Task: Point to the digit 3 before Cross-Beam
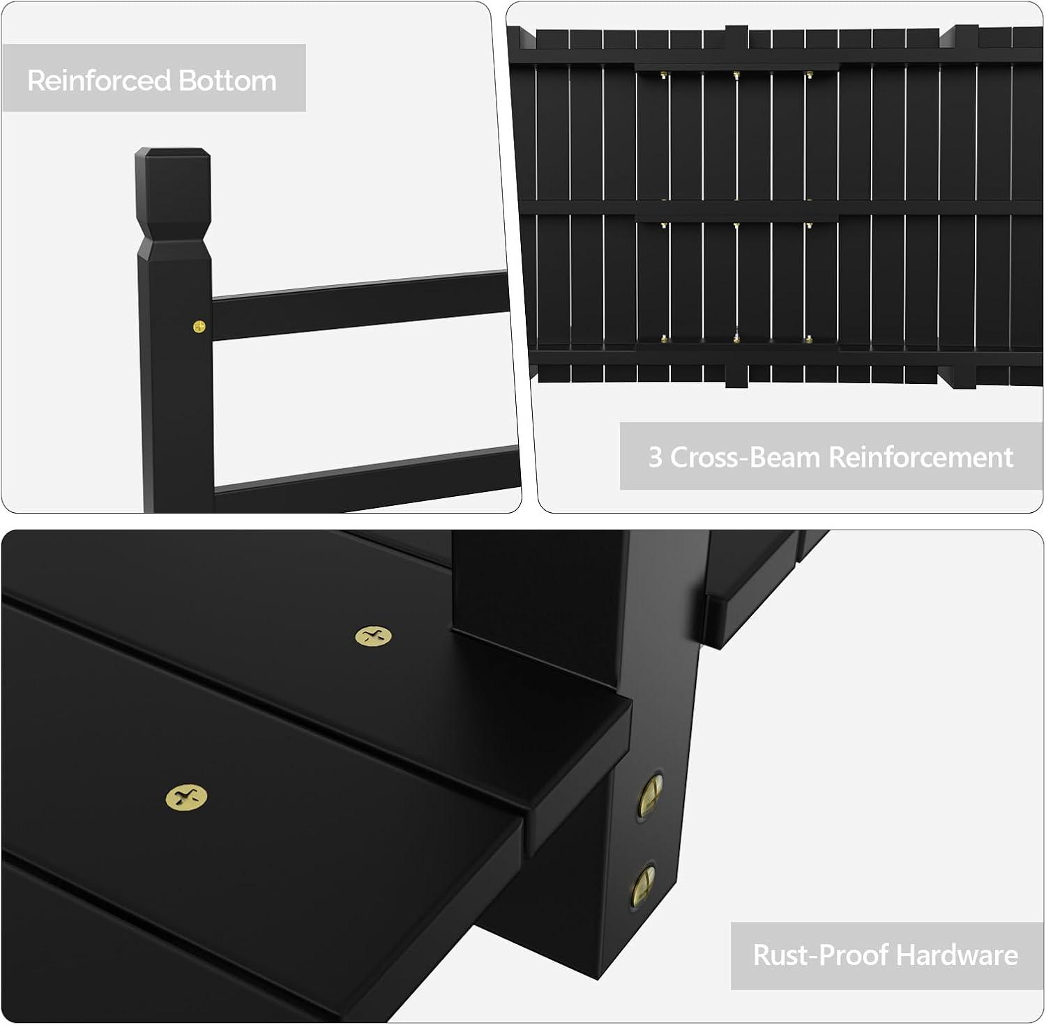coord(655,457)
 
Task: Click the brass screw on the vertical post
coord(199,325)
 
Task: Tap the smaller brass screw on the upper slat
coord(373,635)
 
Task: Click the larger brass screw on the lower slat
coord(186,797)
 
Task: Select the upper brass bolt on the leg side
coord(649,794)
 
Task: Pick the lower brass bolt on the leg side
coord(644,884)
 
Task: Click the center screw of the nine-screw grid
coord(736,226)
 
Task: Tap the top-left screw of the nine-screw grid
coord(662,74)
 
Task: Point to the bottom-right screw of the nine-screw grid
coord(808,339)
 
